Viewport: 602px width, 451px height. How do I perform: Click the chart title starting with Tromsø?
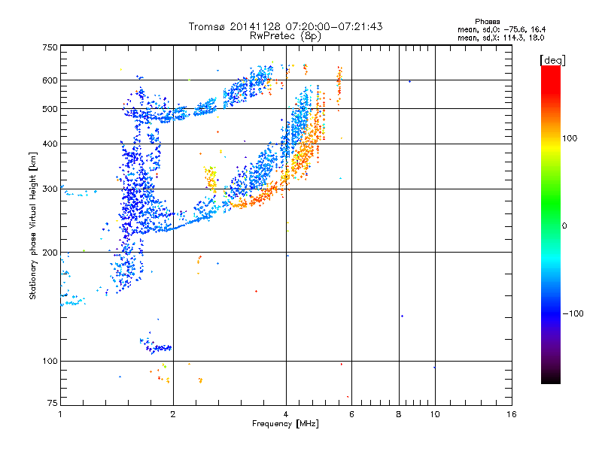[x=285, y=26]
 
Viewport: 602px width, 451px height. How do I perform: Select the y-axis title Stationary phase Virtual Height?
[x=33, y=225]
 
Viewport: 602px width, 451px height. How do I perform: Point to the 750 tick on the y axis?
[x=50, y=47]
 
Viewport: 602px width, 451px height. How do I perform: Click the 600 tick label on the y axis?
[x=50, y=80]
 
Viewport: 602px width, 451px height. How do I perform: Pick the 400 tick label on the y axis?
[x=50, y=144]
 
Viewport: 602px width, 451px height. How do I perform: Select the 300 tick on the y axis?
[x=50, y=189]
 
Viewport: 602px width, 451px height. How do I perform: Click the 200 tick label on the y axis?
[x=50, y=253]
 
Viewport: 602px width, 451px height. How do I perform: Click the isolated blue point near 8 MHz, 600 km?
[x=409, y=81]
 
